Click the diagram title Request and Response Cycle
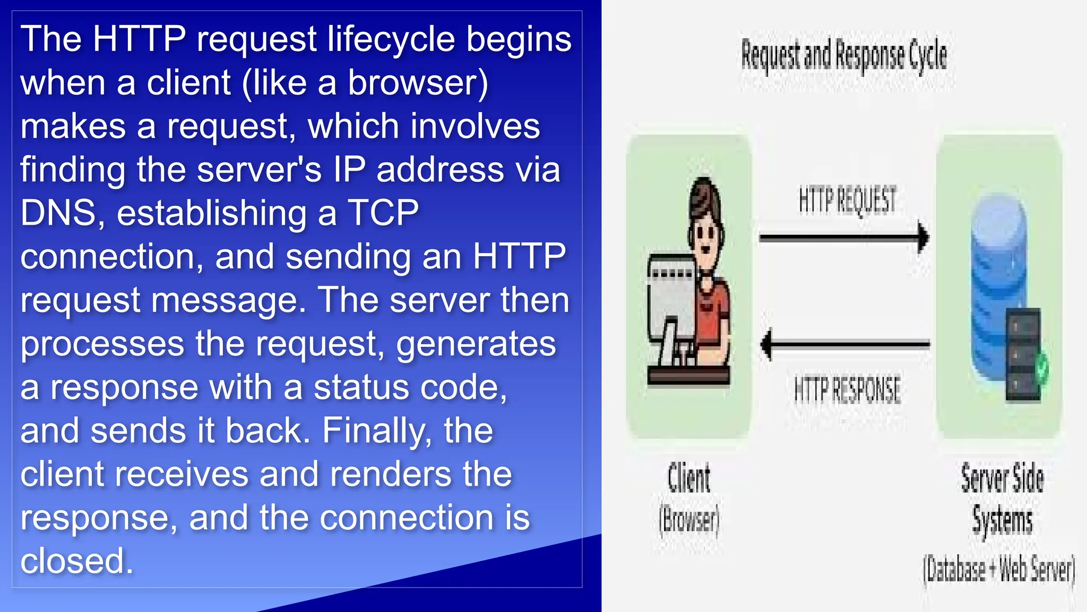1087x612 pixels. pyautogui.click(x=843, y=55)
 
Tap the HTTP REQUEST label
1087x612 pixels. pyautogui.click(x=847, y=200)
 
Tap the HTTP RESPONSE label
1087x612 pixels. pyautogui.click(x=847, y=389)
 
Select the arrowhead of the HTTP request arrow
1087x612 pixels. pyautogui.click(x=924, y=237)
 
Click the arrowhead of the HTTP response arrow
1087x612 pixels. pyautogui.click(x=766, y=344)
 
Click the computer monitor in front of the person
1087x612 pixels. pyautogui.click(x=671, y=297)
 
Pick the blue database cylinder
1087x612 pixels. pyautogui.click(x=998, y=276)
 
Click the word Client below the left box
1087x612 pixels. pyautogui.click(x=688, y=478)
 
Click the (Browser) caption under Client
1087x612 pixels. pyautogui.click(x=688, y=520)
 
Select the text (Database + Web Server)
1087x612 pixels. pyautogui.click(x=999, y=569)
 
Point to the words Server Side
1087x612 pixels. pyautogui.click(x=1002, y=478)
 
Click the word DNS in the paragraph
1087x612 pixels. pyautogui.click(x=58, y=212)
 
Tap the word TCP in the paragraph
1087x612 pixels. pyautogui.click(x=383, y=212)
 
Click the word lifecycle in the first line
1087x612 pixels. pyautogui.click(x=391, y=39)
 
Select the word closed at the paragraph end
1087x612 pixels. pyautogui.click(x=76, y=561)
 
